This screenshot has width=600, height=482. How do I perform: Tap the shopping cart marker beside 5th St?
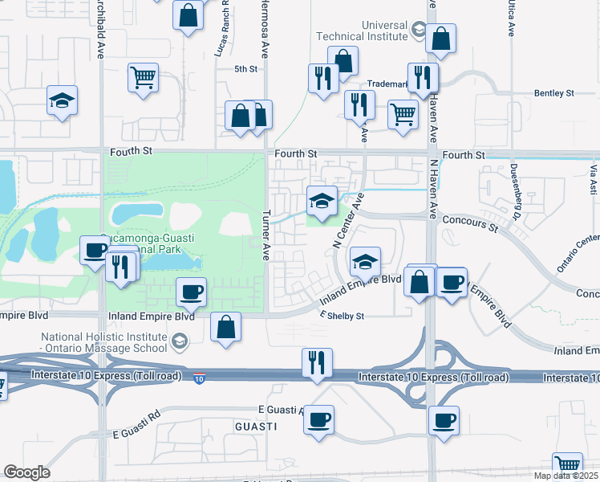(x=143, y=79)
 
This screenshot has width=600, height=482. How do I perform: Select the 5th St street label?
(x=245, y=69)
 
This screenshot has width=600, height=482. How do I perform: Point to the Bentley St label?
(x=554, y=93)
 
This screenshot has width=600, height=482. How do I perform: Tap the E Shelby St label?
(x=343, y=316)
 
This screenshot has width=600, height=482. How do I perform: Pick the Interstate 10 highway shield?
(x=199, y=377)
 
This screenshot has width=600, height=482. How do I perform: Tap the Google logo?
(x=26, y=472)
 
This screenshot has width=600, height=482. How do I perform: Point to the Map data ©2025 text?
(x=566, y=476)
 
